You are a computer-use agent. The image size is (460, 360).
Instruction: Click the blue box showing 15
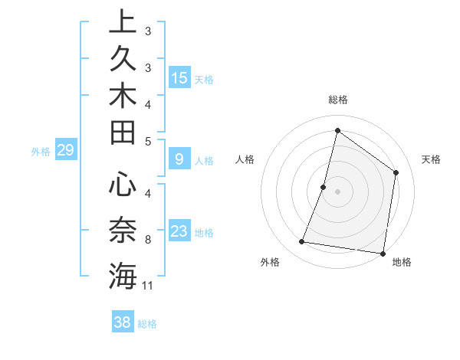coord(179,78)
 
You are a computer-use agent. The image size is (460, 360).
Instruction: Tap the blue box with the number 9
coord(179,159)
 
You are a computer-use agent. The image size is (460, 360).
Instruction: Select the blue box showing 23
coord(179,231)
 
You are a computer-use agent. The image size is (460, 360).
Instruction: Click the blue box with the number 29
coord(66,151)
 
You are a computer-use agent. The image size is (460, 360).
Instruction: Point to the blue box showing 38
coord(123,322)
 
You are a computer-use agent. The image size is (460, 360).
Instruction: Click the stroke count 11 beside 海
coord(149,286)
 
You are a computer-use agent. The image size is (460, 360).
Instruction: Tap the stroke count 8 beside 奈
coord(147,240)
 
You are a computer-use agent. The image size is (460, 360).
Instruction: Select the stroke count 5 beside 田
coord(147,141)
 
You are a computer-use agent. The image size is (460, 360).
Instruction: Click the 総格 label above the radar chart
coord(337,100)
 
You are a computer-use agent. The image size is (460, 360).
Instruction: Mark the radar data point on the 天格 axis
coord(396,172)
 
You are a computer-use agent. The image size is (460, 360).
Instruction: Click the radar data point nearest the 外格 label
coord(302,242)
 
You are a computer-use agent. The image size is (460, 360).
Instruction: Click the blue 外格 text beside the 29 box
coord(41,152)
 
